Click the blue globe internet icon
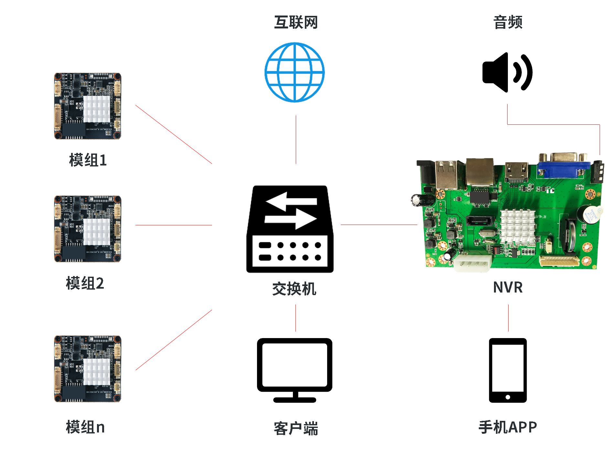coord(295,72)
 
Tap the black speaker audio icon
coord(507,72)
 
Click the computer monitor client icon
coord(295,369)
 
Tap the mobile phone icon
coord(508,370)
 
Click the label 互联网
coord(296,22)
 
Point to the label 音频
coord(508,22)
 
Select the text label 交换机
coord(294,289)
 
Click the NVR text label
coord(508,287)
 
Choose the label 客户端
coord(296,429)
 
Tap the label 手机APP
coord(508,427)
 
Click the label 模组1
coord(88,160)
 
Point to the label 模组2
coord(85,283)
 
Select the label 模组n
coord(85,427)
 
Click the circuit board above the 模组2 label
coord(88,229)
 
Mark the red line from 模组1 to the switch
coord(174,134)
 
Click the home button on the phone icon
coord(508,397)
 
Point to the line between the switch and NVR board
coord(379,225)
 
